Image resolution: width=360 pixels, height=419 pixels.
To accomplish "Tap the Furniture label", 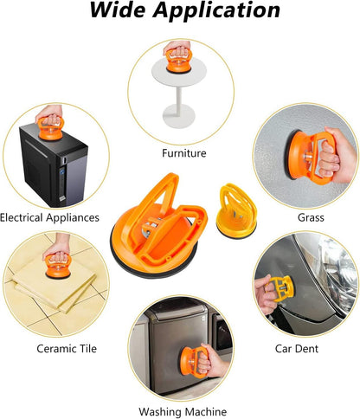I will [184, 153].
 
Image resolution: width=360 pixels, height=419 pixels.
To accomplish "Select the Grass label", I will [311, 217].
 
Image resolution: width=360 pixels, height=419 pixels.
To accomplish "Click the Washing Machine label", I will [183, 411].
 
